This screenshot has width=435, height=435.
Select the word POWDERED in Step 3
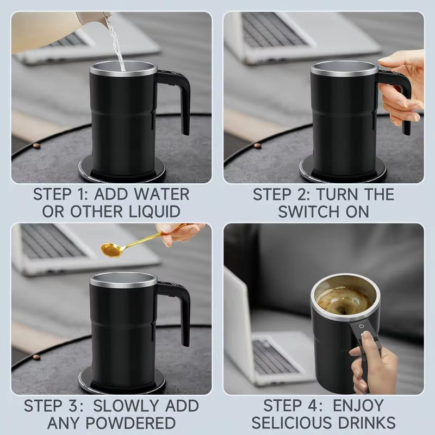[130, 422]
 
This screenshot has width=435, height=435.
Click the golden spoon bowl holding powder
[111, 250]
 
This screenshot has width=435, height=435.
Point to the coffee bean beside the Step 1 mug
[36, 146]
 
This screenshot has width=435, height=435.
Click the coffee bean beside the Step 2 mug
[257, 146]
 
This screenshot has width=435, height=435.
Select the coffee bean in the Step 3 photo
[36, 357]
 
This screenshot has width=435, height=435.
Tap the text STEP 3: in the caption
[57, 405]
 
